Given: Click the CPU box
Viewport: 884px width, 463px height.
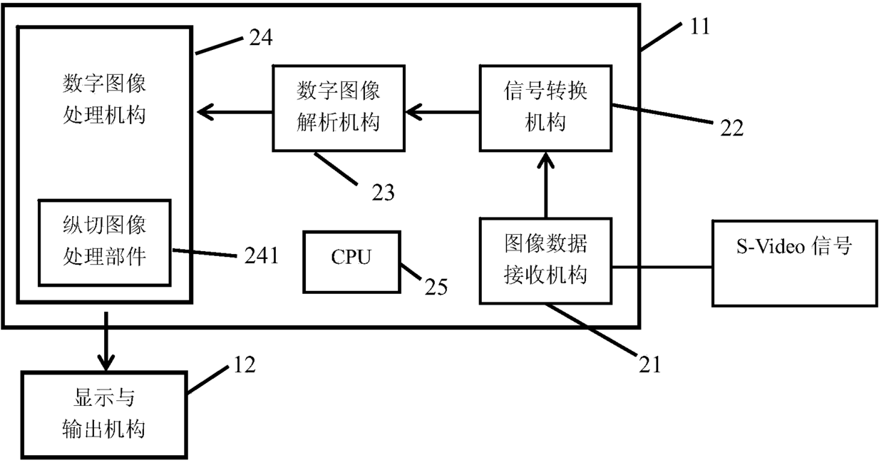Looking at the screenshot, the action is coord(351,262).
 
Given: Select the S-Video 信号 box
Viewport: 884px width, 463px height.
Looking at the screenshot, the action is coord(795,263).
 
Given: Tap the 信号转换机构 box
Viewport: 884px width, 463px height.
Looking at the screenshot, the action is coord(546,108).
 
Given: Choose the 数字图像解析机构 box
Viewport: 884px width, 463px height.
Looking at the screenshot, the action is coord(339,108).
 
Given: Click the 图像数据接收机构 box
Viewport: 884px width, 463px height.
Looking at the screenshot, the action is coord(546,261).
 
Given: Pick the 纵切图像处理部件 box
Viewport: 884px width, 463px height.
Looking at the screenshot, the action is coord(105,243).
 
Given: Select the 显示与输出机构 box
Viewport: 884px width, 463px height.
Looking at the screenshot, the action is coord(104,414).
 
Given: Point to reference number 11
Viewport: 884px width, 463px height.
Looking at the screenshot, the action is coord(700,27).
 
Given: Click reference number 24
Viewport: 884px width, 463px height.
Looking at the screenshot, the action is coord(261,38).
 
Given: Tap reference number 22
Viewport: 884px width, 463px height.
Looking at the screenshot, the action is coord(732,128).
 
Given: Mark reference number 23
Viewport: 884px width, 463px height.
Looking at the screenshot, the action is coord(384,193).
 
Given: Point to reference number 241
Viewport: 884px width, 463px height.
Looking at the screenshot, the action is coord(262,255).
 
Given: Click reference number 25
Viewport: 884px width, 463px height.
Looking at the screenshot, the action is coord(436,288).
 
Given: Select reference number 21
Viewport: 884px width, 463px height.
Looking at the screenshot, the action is coord(650,365).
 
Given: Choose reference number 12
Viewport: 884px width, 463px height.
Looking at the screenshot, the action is coord(245,365).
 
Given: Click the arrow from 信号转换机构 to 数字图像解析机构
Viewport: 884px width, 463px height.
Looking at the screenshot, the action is coord(443,112).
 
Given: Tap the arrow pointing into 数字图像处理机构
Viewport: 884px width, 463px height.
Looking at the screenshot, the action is coord(235,112).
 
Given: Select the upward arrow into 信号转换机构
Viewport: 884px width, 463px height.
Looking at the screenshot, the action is coord(546,185).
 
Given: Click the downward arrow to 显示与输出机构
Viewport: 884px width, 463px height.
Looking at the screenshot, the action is coord(106,341).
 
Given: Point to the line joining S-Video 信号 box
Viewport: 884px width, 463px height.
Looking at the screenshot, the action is coord(662,268).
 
